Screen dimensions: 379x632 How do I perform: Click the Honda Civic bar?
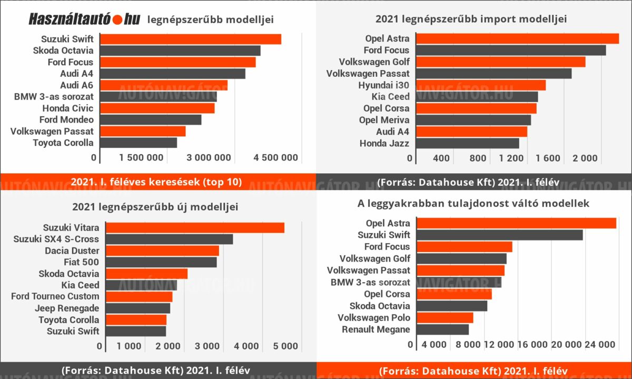pyautogui.click(x=157, y=108)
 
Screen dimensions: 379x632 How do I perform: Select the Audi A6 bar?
pyautogui.click(x=163, y=85)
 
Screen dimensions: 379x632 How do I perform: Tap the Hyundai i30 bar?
pyautogui.click(x=480, y=85)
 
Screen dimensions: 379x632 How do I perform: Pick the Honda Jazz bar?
pyautogui.click(x=467, y=143)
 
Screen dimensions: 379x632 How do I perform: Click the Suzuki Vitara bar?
pyautogui.click(x=195, y=227)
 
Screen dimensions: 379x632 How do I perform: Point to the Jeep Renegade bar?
pyautogui.click(x=138, y=308)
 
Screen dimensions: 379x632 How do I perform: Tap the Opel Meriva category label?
pyautogui.click(x=384, y=120)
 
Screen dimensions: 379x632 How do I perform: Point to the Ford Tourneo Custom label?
pyautogui.click(x=55, y=297)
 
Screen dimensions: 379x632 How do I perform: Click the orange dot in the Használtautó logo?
pyautogui.click(x=117, y=19)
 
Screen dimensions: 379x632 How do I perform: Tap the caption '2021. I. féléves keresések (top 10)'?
pyautogui.click(x=156, y=182)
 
